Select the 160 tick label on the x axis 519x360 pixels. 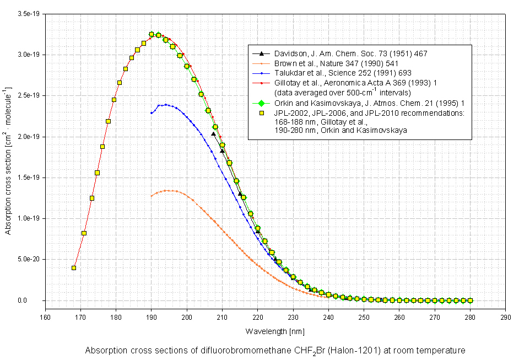(x=45, y=318)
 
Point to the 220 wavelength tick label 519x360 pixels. (x=257, y=318)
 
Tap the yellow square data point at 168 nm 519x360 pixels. (x=74, y=268)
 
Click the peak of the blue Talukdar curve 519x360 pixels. (x=165, y=104)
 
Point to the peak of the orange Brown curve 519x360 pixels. (x=170, y=190)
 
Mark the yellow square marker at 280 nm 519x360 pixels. (x=470, y=300)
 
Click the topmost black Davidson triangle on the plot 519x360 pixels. (x=214, y=134)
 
